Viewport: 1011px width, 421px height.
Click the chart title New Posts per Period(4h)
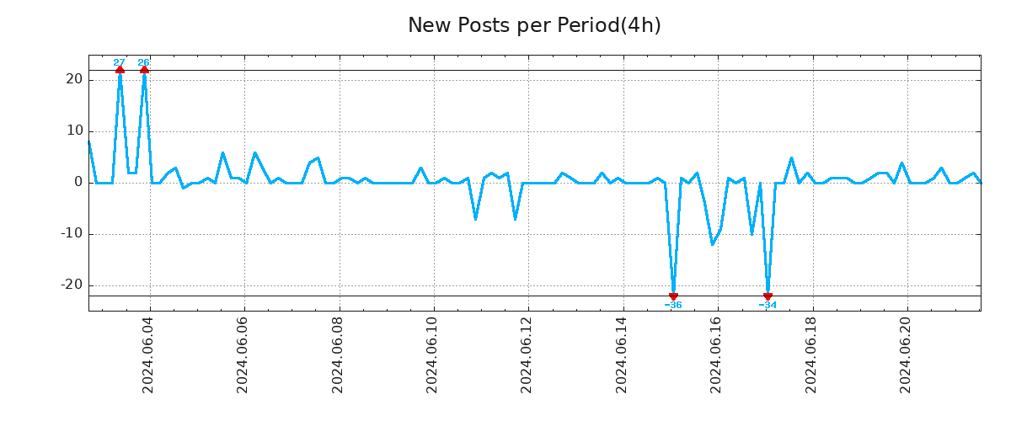coord(534,25)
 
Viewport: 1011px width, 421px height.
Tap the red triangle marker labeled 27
coord(120,70)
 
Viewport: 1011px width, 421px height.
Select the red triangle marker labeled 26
coord(144,70)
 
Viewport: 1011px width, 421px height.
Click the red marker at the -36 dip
coord(673,296)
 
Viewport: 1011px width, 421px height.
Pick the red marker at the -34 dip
coord(768,296)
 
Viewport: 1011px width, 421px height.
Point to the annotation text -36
coord(673,306)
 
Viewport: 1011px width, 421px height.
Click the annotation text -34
coord(768,306)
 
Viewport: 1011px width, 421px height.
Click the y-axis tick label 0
coord(78,182)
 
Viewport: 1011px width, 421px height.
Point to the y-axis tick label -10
coord(71,233)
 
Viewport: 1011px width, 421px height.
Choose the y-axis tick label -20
coord(71,285)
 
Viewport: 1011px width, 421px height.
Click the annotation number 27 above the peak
coord(119,62)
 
